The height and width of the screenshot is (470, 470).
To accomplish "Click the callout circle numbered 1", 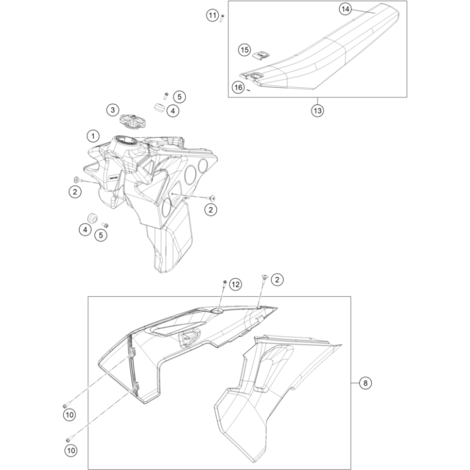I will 93,135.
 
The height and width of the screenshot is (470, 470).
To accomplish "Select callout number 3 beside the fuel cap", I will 112,110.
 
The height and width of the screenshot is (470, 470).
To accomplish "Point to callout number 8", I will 364,383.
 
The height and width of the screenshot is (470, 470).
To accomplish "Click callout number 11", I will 213,15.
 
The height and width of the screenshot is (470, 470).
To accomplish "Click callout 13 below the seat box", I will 317,111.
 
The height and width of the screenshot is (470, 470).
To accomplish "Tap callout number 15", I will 245,49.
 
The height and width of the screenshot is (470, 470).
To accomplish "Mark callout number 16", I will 238,87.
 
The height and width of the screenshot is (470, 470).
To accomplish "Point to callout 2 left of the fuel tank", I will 75,191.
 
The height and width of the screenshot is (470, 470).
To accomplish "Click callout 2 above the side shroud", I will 278,278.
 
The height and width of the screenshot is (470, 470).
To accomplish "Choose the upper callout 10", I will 70,414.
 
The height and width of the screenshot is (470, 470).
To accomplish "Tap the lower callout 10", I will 70,450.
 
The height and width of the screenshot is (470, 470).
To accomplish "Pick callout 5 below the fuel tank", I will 101,235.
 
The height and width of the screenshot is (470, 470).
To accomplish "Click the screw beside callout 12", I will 225,283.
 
